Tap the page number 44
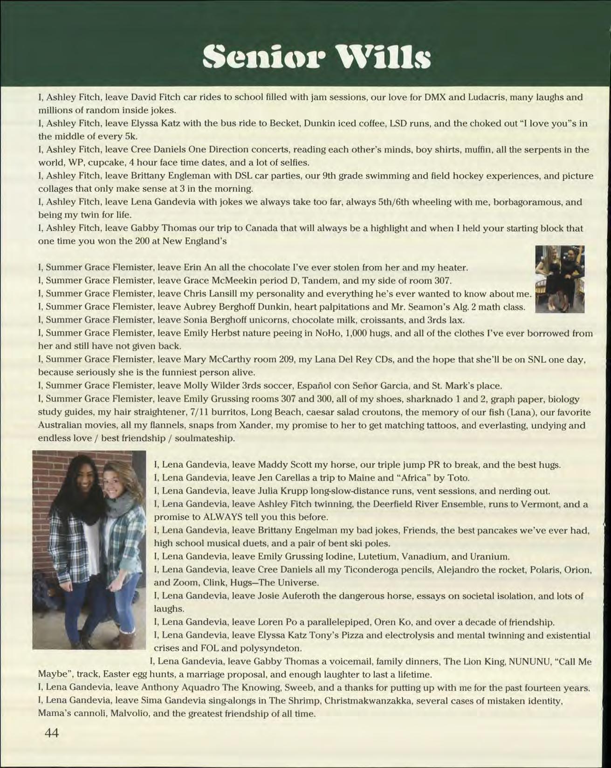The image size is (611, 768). [51, 733]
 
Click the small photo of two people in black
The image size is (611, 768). [559, 279]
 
